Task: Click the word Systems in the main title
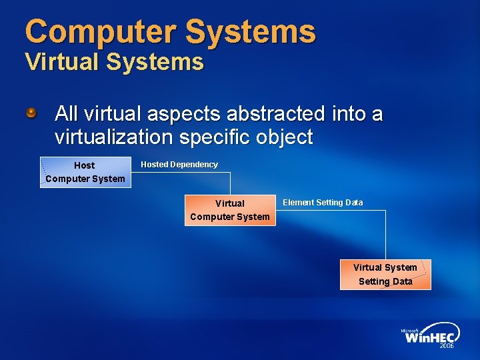[x=251, y=31]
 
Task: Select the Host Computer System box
[x=86, y=172]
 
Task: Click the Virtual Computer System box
[x=230, y=210]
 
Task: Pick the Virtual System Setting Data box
[x=385, y=274]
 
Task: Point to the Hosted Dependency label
[x=179, y=165]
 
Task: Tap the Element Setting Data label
[x=323, y=203]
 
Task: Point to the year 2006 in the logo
[x=447, y=347]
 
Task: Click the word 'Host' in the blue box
[x=85, y=165]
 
